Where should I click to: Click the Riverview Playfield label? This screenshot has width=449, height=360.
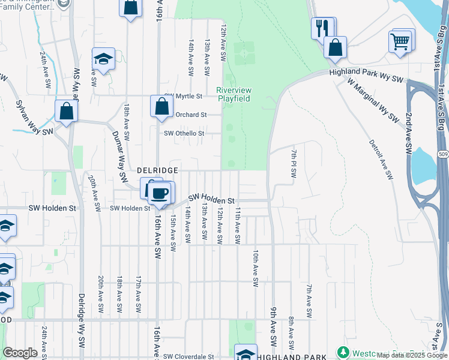tap(234, 94)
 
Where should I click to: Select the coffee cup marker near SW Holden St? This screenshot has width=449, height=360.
tap(160, 193)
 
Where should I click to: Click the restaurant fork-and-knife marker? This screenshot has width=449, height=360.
tap(322, 28)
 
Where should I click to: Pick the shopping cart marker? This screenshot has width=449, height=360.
tap(400, 42)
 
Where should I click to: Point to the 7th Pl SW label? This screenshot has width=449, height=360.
tap(294, 163)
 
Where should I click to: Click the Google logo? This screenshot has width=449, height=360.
tap(20, 353)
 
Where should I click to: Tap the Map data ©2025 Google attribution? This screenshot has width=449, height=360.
tap(411, 355)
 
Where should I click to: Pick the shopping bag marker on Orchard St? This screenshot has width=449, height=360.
tap(161, 107)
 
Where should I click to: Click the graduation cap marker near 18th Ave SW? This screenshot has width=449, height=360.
tap(103, 59)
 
